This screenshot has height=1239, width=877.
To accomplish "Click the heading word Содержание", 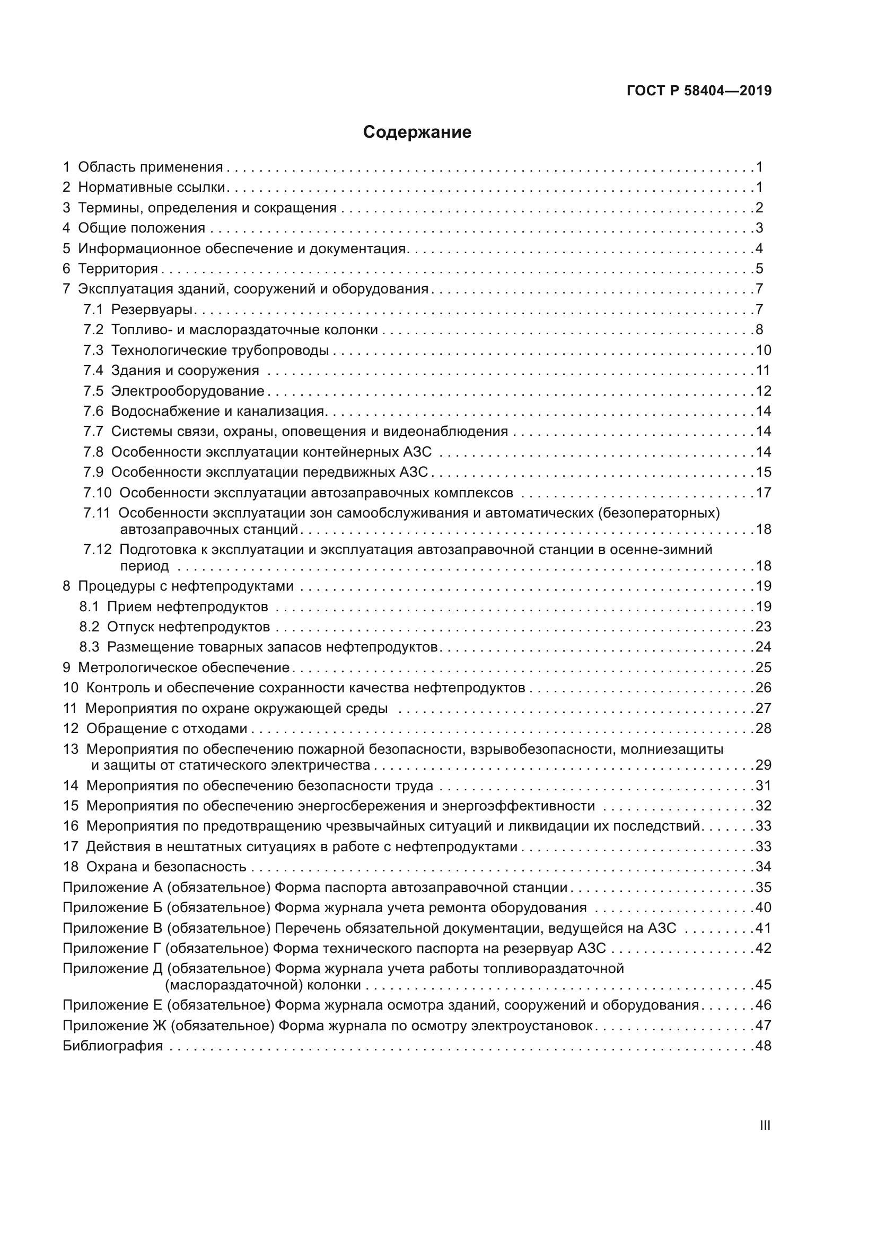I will [x=417, y=132].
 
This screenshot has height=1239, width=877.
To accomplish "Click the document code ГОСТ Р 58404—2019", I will [x=699, y=91].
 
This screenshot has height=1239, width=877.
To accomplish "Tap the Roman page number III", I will [x=765, y=1126].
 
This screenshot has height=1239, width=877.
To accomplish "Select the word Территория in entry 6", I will [x=118, y=269].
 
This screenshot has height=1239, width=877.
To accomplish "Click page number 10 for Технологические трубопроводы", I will [x=763, y=350].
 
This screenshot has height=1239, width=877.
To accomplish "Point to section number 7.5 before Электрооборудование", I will [x=93, y=391].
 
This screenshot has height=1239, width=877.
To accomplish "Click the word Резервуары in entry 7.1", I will [x=152, y=309].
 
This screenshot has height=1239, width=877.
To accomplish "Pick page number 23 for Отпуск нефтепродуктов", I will [x=763, y=627].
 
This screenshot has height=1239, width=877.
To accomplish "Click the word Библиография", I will [x=112, y=1046].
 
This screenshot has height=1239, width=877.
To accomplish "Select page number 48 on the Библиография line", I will [x=763, y=1046].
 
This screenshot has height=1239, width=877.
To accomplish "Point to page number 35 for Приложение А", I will [x=763, y=887].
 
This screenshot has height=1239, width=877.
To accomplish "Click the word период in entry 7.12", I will [x=144, y=566].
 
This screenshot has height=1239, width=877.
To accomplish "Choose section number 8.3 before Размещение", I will [x=89, y=647].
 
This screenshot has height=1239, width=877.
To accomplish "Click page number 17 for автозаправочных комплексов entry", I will [x=763, y=493].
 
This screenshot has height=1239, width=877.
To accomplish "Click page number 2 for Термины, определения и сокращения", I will [x=759, y=208].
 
